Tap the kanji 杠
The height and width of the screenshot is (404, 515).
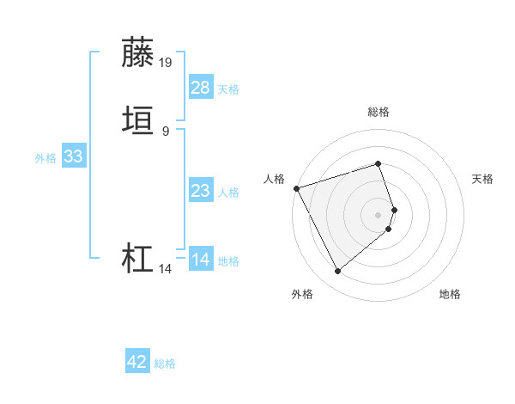coord(138,259)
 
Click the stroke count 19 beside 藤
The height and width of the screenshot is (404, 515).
coord(166,62)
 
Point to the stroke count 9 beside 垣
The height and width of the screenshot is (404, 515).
coord(165,132)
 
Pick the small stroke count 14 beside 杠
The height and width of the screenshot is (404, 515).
coord(165,269)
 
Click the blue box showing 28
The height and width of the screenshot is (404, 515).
coord(201,87)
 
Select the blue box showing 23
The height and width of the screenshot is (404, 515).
coord(201,191)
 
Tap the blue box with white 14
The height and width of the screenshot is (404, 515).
coord(201,259)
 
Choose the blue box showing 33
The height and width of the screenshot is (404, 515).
coord(73,156)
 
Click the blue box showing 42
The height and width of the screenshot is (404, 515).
coord(137,362)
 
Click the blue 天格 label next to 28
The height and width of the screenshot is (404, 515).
coord(228,89)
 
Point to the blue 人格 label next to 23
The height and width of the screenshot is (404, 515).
coord(228,193)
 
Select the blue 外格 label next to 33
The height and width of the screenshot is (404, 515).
coord(45,158)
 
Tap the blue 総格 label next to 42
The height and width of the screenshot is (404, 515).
coord(165,364)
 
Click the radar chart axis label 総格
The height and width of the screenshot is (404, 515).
coord(379,112)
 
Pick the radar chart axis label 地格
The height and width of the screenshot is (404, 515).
coord(450,295)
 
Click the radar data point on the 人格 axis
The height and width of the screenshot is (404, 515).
coord(296,188)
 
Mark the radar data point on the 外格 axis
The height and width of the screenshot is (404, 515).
coord(337,272)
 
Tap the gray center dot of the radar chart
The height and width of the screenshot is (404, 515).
coord(379,214)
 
